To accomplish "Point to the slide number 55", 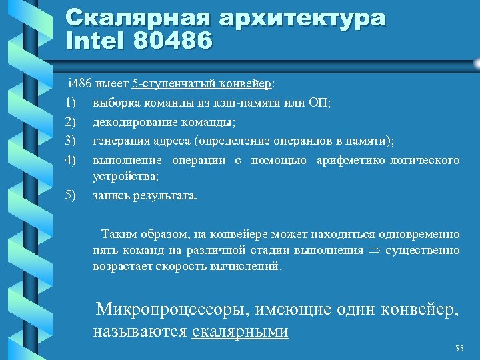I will coord(459,349).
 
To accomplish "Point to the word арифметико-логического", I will coord(388,160).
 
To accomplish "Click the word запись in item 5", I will coord(111,196).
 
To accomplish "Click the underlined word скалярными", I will coord(240,331).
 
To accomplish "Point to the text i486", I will coord(80,84).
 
